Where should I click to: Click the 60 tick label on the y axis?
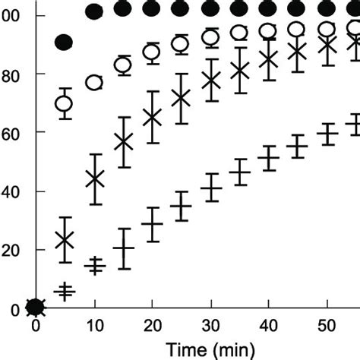tap(11, 133)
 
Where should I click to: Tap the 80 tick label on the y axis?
tap(11, 74)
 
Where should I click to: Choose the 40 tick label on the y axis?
tap(11, 191)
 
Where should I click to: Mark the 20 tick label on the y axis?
tap(11, 250)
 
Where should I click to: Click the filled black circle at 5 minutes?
tap(65, 43)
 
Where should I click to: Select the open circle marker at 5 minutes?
tap(65, 103)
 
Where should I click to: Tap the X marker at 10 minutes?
tap(94, 179)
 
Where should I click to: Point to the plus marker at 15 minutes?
tap(123, 248)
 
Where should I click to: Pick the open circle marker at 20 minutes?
tap(152, 52)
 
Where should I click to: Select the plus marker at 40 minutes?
tap(269, 159)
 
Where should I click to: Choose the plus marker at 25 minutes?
tap(181, 206)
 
